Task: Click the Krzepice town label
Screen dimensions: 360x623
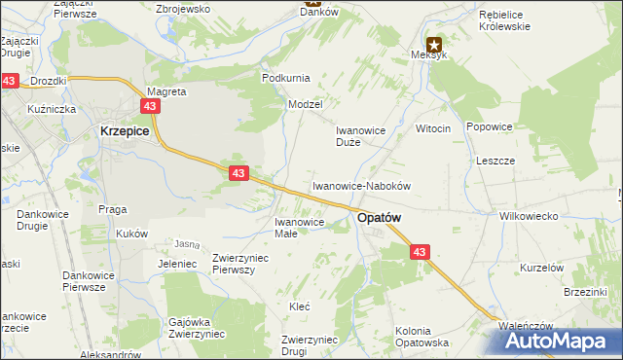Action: (124, 129)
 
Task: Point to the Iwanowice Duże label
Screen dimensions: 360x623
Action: (362, 135)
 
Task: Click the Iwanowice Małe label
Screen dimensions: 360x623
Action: (285, 227)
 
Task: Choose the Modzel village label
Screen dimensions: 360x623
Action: (305, 103)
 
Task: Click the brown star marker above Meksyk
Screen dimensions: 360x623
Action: (434, 44)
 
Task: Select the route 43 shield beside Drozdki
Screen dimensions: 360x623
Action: (10, 82)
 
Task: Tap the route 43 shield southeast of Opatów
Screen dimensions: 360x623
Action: (420, 252)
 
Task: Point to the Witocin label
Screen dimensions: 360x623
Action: (433, 129)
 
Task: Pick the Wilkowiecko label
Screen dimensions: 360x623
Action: (526, 216)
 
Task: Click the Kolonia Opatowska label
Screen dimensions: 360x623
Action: (421, 338)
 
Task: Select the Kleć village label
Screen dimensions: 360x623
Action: (300, 306)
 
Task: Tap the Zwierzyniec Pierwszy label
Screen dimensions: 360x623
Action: (239, 263)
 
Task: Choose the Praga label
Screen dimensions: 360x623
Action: (113, 209)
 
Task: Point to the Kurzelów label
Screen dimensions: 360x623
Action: (542, 268)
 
